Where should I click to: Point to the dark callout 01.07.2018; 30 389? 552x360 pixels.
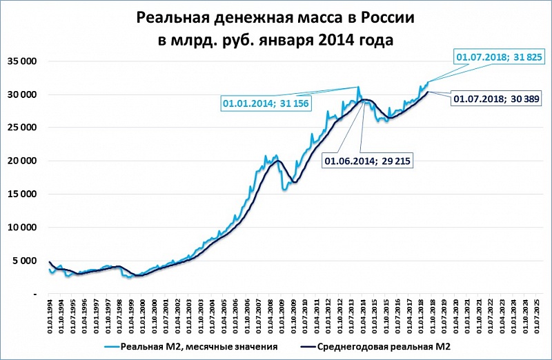pos(497,99)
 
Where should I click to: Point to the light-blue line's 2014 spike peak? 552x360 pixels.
pos(358,87)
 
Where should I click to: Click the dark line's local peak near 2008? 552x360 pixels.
pos(278,161)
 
